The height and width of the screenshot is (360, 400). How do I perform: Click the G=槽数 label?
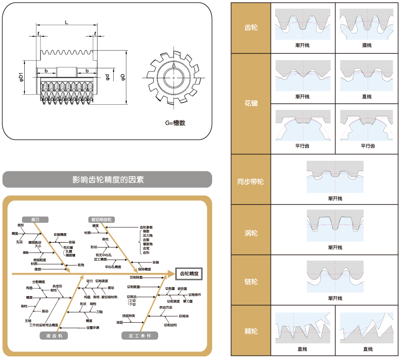(175, 123)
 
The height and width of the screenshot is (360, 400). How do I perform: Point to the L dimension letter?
(67, 22)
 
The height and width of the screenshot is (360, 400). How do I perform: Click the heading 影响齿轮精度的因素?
(108, 180)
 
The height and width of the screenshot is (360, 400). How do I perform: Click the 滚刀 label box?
(35, 220)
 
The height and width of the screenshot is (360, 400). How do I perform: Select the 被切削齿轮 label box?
(101, 220)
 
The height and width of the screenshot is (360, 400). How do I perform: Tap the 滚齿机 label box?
(53, 335)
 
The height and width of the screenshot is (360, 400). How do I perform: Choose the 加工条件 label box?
(140, 335)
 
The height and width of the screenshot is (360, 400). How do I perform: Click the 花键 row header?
(251, 103)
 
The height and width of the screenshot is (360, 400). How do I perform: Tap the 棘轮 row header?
(251, 332)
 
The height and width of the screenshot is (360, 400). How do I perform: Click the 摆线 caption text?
(367, 45)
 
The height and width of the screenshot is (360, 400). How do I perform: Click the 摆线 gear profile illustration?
(367, 24)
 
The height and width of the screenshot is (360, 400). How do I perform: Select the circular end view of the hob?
(173, 80)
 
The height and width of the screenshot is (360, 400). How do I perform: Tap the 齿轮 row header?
(251, 28)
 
